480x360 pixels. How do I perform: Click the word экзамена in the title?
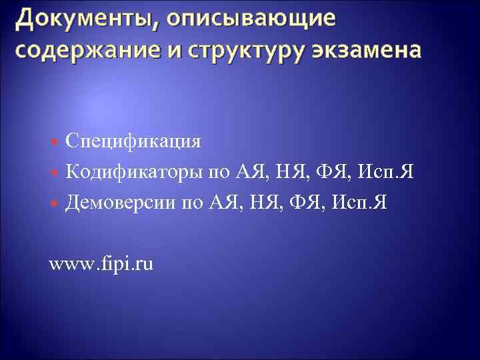(367, 51)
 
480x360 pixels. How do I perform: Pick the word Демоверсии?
(122, 203)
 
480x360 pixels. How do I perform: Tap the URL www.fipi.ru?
(101, 264)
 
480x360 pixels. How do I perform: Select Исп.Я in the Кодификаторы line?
(386, 172)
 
